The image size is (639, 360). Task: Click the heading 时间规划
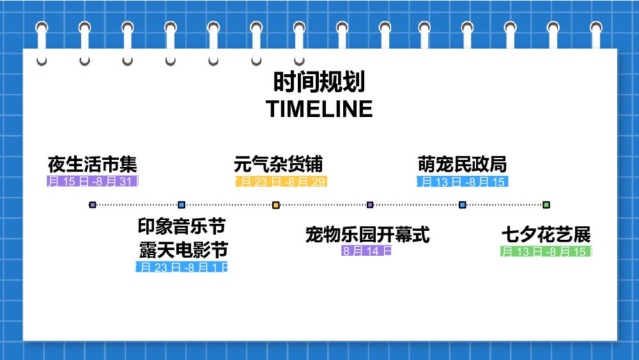[x=319, y=83]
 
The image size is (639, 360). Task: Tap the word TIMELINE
[x=319, y=109]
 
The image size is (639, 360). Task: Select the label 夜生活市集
[x=93, y=164]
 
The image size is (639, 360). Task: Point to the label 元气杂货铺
[x=279, y=164]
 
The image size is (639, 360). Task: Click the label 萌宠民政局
[x=462, y=164]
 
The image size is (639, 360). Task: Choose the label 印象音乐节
[x=182, y=226]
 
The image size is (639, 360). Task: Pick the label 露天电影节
[x=183, y=249]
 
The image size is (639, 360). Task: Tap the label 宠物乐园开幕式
[x=367, y=235]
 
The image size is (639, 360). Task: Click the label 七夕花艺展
[x=546, y=235]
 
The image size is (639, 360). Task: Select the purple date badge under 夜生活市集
[x=93, y=182]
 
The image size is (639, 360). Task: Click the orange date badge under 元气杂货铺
[x=281, y=182]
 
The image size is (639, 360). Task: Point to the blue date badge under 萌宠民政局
[x=462, y=182]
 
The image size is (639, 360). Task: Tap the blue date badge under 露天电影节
[x=182, y=267]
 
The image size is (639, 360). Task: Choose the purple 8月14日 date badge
[x=367, y=251]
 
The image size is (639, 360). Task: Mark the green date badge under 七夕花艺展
[x=546, y=251]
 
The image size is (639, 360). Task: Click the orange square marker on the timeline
[x=276, y=205]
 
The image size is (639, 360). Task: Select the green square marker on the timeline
[x=546, y=205]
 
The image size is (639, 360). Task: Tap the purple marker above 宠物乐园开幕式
[x=370, y=205]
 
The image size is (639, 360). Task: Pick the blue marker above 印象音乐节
[x=181, y=205]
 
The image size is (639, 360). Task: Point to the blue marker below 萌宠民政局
[x=463, y=205]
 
